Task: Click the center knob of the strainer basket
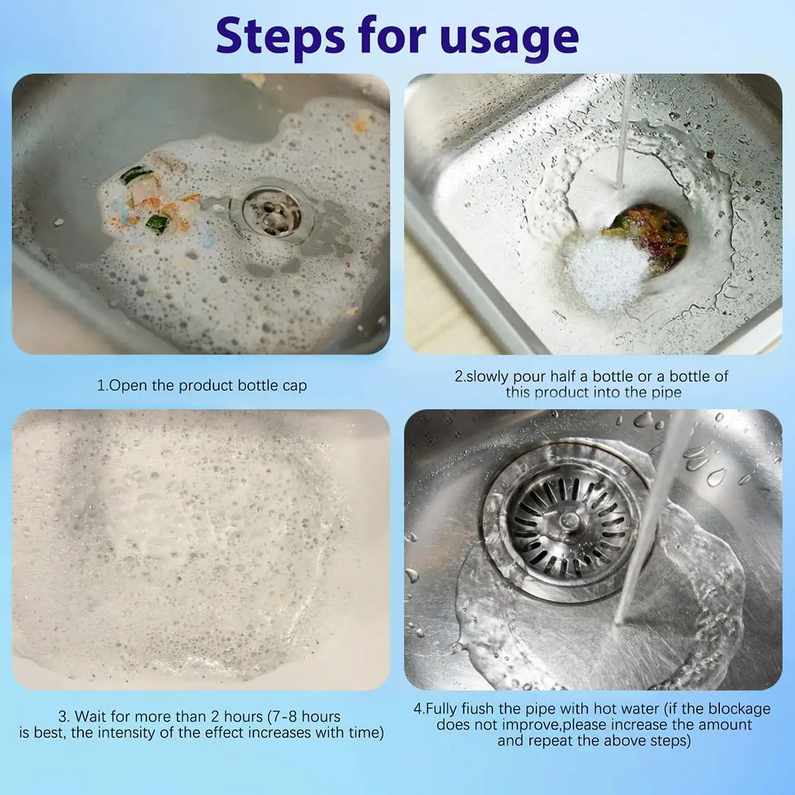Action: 569,520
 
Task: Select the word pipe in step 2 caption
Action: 666,393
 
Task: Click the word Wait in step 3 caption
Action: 91,716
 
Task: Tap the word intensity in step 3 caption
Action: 126,732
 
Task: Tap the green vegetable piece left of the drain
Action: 158,224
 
